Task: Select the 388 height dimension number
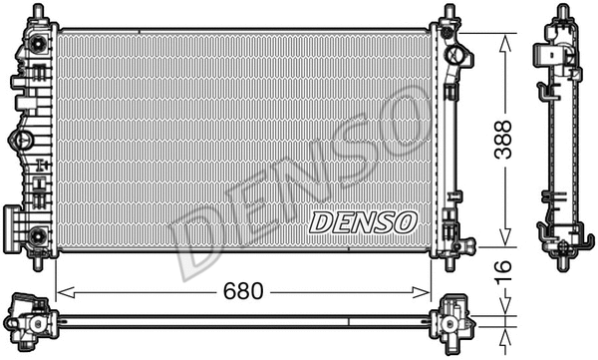point(506,140)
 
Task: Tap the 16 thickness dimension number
point(506,269)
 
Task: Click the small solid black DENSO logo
point(361,221)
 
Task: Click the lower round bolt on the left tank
point(38,235)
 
